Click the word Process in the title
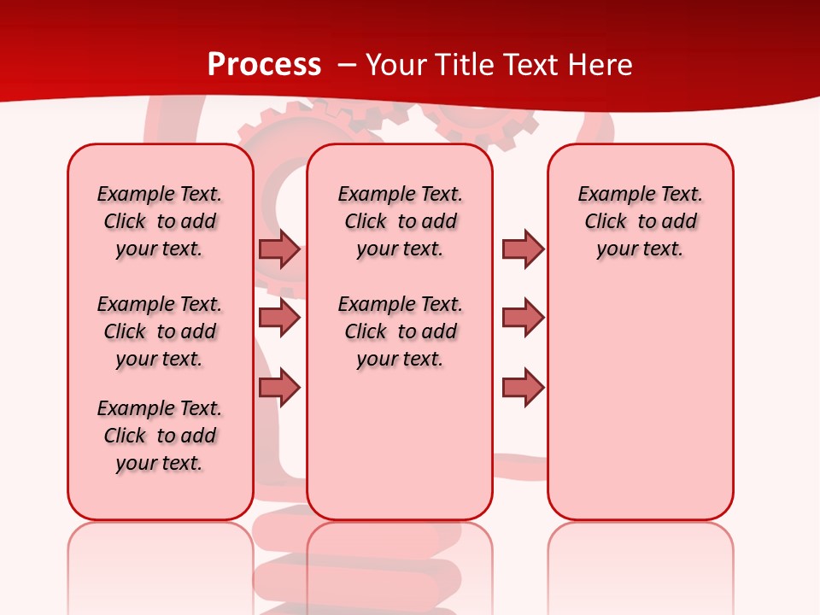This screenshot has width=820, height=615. (x=264, y=65)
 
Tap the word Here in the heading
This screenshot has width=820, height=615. (x=600, y=65)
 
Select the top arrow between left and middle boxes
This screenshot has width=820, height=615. (x=279, y=249)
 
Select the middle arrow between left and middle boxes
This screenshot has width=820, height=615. (x=279, y=319)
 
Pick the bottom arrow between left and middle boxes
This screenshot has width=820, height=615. (x=279, y=388)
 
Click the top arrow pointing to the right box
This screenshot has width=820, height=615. (x=523, y=249)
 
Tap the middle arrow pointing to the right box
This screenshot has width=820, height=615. (x=523, y=319)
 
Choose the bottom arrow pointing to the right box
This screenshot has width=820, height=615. (x=523, y=388)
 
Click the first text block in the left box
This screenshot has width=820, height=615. (x=160, y=221)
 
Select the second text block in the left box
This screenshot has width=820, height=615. (x=160, y=331)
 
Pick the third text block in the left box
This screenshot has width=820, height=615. (x=160, y=436)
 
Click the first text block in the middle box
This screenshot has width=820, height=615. (x=400, y=221)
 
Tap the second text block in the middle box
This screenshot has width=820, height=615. (x=400, y=331)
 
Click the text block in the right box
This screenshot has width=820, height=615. (x=640, y=221)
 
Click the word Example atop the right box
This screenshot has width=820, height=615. (x=609, y=194)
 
